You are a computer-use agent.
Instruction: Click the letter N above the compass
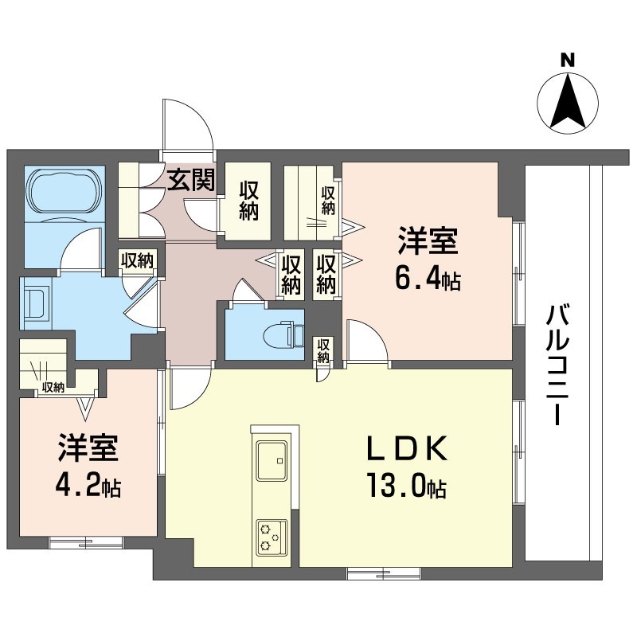click(x=568, y=61)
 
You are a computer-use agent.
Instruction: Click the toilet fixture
click(x=284, y=334)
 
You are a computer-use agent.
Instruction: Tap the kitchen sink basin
click(x=272, y=461)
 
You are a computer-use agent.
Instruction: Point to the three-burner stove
click(x=272, y=537)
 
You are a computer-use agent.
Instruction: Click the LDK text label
click(x=407, y=448)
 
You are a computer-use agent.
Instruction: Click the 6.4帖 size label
click(x=428, y=279)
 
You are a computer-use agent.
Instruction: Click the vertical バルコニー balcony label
click(x=557, y=365)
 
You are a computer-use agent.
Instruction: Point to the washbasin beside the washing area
click(x=37, y=303)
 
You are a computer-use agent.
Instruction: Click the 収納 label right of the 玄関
click(x=248, y=201)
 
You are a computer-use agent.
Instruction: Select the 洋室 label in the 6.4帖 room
click(x=428, y=241)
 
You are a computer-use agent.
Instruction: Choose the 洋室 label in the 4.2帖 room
click(x=88, y=447)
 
